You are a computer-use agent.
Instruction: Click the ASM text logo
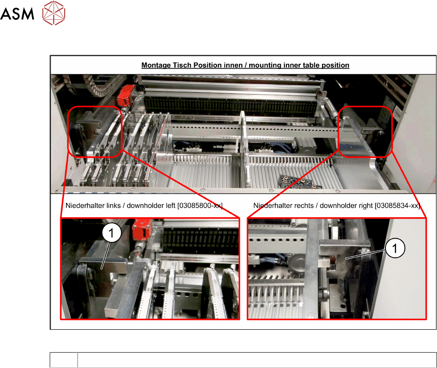coord(17,14)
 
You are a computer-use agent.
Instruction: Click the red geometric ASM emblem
coord(54,13)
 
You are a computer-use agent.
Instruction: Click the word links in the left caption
coord(112,206)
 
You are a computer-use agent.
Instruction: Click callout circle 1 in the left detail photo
coord(111,233)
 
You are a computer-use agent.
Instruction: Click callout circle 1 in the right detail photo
coord(395,248)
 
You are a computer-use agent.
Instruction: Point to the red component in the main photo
coord(125,95)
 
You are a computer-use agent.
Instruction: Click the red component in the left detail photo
coord(142,229)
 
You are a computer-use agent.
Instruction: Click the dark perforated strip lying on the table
coord(300,182)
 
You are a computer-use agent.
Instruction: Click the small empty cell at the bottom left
coord(64,360)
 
